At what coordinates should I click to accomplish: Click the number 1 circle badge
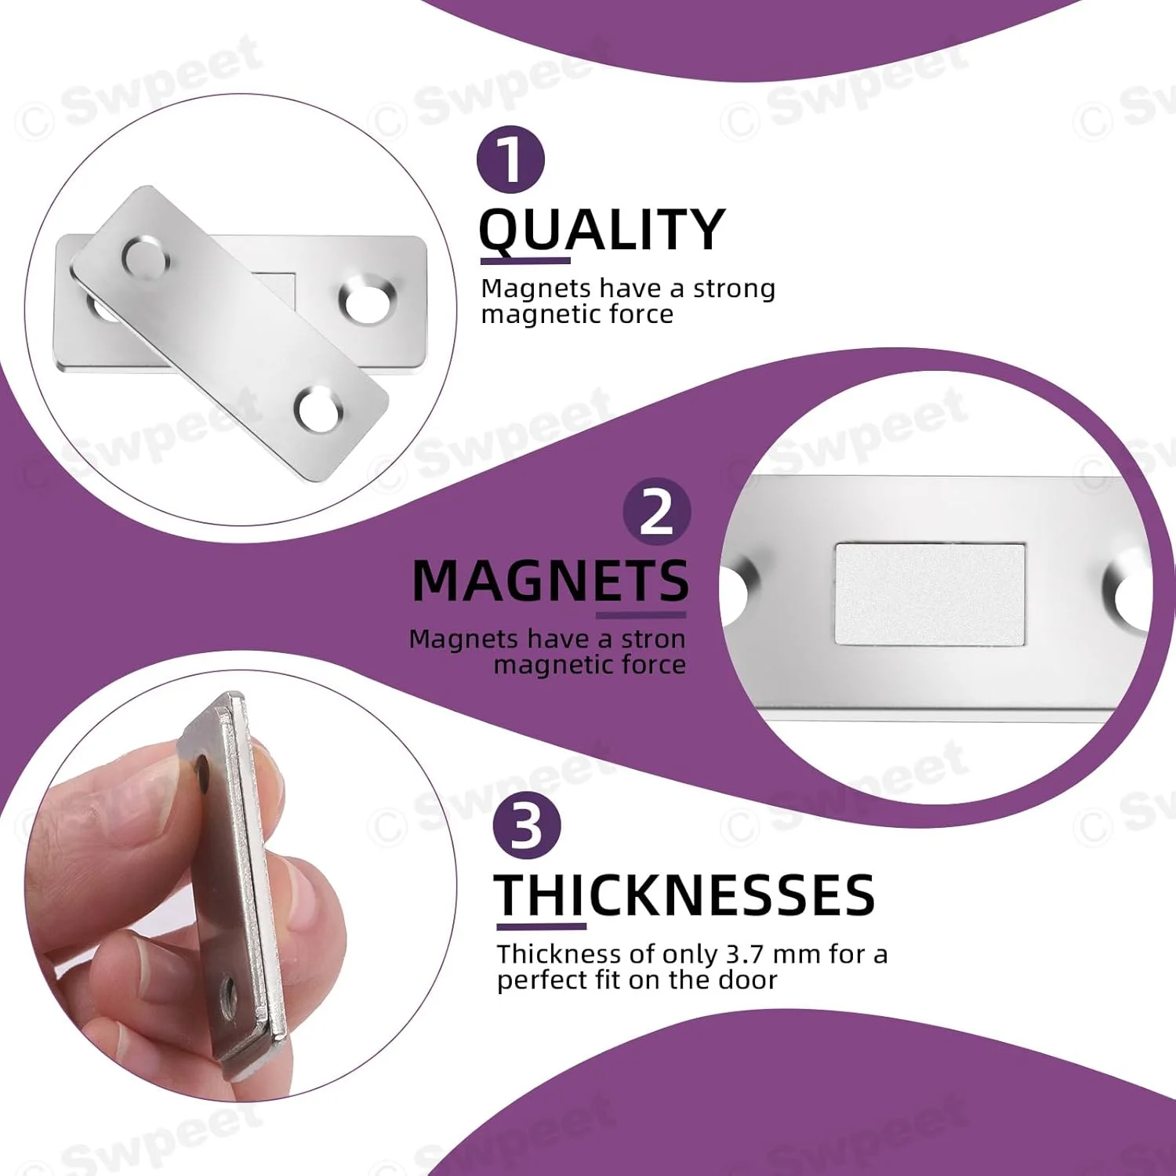510,160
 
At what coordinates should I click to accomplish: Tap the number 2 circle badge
657,513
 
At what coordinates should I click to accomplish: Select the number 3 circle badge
527,826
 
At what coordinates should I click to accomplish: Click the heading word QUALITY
602,230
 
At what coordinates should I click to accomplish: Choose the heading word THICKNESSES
684,895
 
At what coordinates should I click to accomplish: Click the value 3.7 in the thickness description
745,954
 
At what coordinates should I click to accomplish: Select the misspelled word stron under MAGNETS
653,639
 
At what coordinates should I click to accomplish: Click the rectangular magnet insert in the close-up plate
930,593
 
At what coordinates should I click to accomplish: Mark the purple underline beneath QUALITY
524,260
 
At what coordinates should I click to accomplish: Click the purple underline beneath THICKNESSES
541,926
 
